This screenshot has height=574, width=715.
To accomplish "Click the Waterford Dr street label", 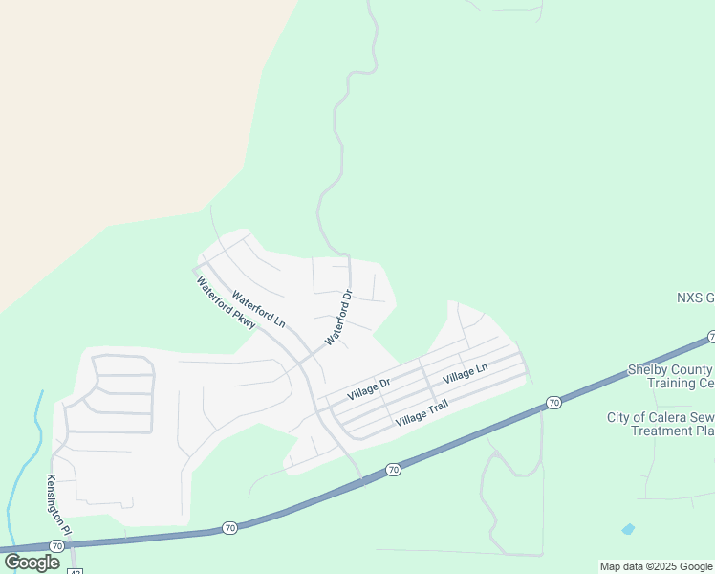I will [x=339, y=317].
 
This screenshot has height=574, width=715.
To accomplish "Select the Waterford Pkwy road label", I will [x=226, y=304].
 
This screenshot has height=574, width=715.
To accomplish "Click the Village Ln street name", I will [x=466, y=373].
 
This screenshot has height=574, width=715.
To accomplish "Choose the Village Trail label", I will [x=422, y=414].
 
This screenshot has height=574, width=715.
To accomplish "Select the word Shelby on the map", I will [x=648, y=369].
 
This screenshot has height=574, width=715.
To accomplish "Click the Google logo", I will [x=32, y=563].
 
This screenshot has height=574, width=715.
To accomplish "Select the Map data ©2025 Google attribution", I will [x=657, y=566].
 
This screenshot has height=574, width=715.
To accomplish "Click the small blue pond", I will [x=627, y=528].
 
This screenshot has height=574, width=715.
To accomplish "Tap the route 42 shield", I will [x=75, y=570].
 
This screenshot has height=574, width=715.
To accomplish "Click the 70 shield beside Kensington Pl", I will [x=58, y=545].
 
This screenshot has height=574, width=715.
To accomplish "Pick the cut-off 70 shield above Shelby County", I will [x=711, y=337].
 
